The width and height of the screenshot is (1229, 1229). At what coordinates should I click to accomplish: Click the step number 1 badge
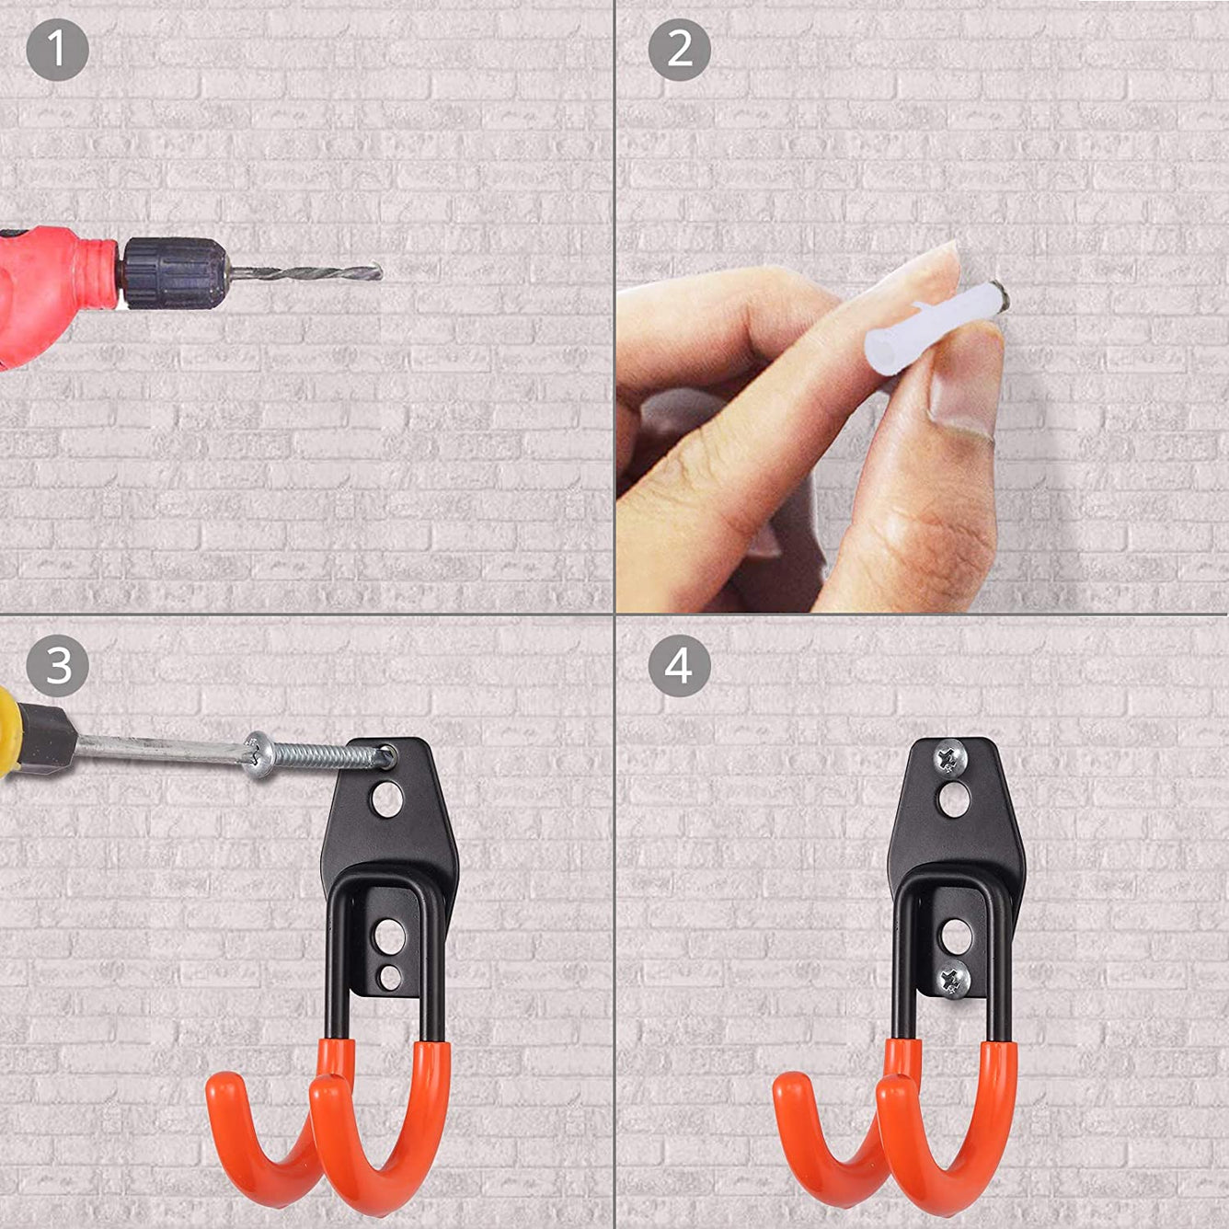tap(57, 50)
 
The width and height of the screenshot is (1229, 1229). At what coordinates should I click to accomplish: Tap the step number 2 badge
tap(679, 50)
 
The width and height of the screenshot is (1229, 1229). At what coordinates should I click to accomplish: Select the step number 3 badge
tap(57, 665)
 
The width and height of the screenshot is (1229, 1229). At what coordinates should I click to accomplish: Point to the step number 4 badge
tap(679, 665)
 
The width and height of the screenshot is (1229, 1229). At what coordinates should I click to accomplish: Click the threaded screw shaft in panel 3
tap(322, 755)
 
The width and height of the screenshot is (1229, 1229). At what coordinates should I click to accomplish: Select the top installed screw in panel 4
tap(949, 758)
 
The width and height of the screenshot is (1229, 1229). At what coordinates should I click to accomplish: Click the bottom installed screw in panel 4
tap(953, 978)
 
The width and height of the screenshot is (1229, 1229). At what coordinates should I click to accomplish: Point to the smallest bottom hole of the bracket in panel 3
tap(391, 976)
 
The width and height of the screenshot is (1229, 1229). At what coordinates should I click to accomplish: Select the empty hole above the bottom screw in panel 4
tap(956, 936)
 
